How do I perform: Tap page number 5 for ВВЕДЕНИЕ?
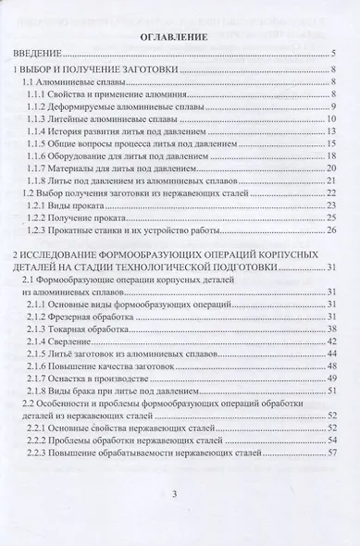pos(330,56)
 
